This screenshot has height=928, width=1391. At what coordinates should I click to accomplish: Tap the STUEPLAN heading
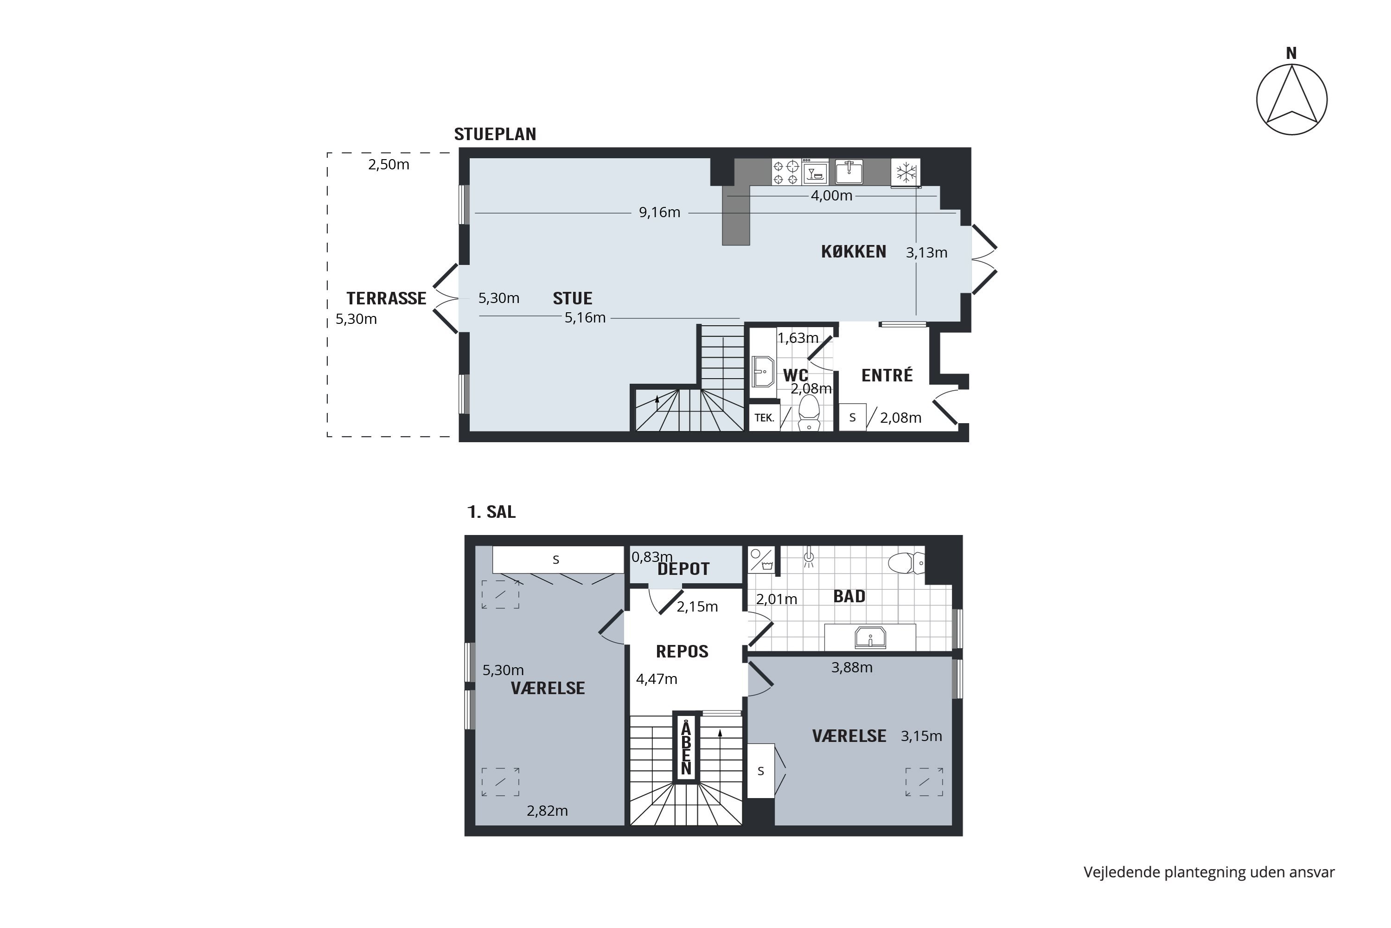(495, 135)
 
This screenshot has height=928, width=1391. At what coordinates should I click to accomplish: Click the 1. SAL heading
(491, 512)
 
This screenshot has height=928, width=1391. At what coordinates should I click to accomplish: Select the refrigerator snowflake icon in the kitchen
(906, 173)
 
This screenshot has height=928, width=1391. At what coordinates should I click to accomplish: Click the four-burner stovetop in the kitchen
(785, 172)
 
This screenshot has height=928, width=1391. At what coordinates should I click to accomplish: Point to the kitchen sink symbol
(849, 172)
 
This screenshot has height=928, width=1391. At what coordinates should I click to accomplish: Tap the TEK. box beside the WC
(764, 418)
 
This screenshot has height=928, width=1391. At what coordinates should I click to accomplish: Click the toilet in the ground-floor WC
(809, 412)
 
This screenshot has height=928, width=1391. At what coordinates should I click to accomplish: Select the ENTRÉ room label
(887, 375)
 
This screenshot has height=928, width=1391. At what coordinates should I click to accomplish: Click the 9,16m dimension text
(659, 213)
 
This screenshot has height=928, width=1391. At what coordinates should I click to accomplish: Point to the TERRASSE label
(386, 298)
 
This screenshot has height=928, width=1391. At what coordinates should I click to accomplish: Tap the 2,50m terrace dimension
(389, 165)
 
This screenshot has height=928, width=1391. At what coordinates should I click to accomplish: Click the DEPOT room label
(683, 569)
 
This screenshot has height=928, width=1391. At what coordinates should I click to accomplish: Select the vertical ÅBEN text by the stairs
(686, 748)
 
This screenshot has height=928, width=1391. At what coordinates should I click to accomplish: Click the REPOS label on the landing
(682, 651)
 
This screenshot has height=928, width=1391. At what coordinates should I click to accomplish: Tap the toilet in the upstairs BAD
(906, 562)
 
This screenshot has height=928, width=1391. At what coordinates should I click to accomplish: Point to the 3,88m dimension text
(852, 668)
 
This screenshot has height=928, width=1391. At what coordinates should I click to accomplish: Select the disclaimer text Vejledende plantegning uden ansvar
(1208, 872)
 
